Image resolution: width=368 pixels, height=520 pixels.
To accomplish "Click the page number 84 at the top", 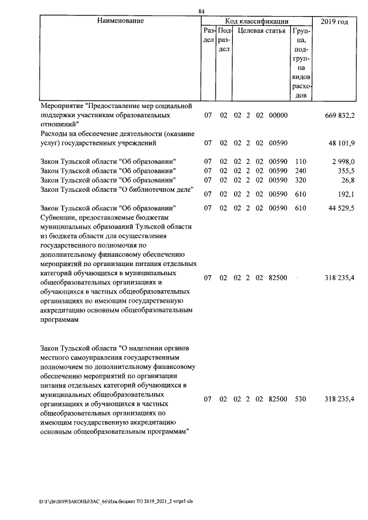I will pos(201,11).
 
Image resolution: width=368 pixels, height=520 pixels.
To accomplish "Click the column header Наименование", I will pos(120,21).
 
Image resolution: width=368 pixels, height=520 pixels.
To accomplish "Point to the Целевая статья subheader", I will pos(261,31).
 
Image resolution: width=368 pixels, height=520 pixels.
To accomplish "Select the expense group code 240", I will pos(300,171).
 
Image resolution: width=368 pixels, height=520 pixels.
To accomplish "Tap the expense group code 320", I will pos(300,180).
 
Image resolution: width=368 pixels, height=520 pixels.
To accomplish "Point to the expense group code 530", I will pos(300,399).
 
